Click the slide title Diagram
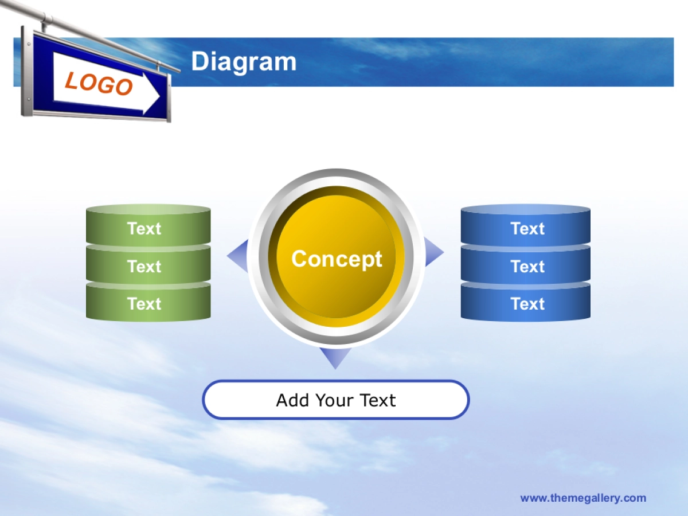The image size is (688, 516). point(244,62)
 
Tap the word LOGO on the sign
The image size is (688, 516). point(99,83)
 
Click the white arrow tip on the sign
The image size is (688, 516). point(159,96)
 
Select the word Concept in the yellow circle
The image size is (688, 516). point(337,259)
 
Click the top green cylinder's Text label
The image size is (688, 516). point(144,228)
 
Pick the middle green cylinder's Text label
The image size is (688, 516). point(144,266)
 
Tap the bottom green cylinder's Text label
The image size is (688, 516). point(144,304)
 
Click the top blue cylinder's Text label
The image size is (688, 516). point(527,228)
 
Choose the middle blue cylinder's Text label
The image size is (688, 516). point(527,266)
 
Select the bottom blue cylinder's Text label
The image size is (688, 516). point(527,304)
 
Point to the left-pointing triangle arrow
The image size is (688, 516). point(237,256)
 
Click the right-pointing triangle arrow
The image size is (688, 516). point(434,252)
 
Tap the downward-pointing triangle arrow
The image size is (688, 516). point(335,358)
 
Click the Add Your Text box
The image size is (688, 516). point(336,400)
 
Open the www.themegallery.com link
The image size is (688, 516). point(583,498)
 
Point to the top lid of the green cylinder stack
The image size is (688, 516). point(148,209)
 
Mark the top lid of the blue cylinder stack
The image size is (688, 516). point(526,209)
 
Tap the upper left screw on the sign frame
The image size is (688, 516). point(29,44)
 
